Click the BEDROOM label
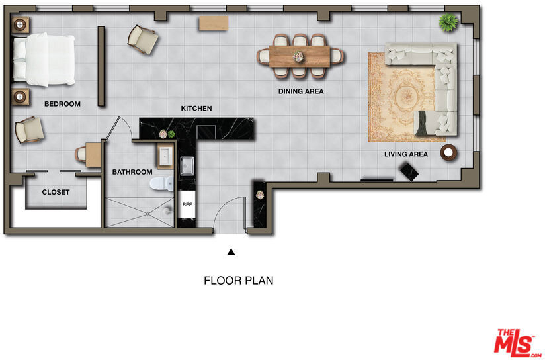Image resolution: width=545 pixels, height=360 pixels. click(62, 104)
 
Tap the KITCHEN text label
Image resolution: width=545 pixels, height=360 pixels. click(196, 108)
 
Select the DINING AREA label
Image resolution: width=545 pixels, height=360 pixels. click(301, 91)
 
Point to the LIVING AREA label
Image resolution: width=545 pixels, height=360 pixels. click(406, 154)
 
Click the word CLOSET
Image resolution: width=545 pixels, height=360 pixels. click(56, 192)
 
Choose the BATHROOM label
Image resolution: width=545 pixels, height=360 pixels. click(132, 172)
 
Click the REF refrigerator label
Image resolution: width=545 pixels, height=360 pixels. click(187, 205)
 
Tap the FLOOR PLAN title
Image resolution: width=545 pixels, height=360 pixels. click(238, 281)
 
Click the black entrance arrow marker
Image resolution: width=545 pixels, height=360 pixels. click(231, 252)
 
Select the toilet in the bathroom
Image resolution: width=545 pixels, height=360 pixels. click(162, 183)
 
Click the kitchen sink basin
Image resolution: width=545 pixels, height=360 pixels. click(187, 166)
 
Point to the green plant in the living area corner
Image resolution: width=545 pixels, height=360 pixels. click(448, 22)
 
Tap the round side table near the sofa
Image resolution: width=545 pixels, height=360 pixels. click(448, 152)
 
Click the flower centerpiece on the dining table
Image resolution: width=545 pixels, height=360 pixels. click(298, 56)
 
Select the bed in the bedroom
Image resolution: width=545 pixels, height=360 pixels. click(44, 60)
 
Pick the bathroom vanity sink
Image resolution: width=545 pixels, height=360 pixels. click(165, 156)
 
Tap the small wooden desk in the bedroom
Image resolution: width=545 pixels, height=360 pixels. click(93, 154)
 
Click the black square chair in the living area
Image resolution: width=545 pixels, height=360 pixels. click(409, 172)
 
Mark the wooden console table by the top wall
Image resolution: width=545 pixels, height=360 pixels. click(214, 23)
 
